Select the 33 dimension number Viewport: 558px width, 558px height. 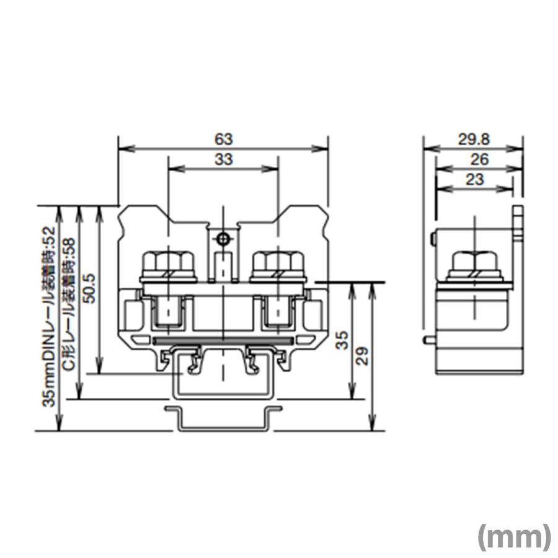point(223,159)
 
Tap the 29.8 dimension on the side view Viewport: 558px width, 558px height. point(473,139)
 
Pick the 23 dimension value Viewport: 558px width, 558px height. point(474,179)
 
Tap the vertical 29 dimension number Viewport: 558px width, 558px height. point(363,355)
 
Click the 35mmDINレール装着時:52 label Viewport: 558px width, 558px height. point(49,316)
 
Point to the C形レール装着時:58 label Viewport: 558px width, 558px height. point(69,304)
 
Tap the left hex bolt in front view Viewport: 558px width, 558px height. point(168,265)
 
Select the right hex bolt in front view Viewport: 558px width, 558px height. point(278,265)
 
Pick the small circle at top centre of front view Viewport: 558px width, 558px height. point(223,238)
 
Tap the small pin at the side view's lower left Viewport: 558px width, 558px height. point(428,340)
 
